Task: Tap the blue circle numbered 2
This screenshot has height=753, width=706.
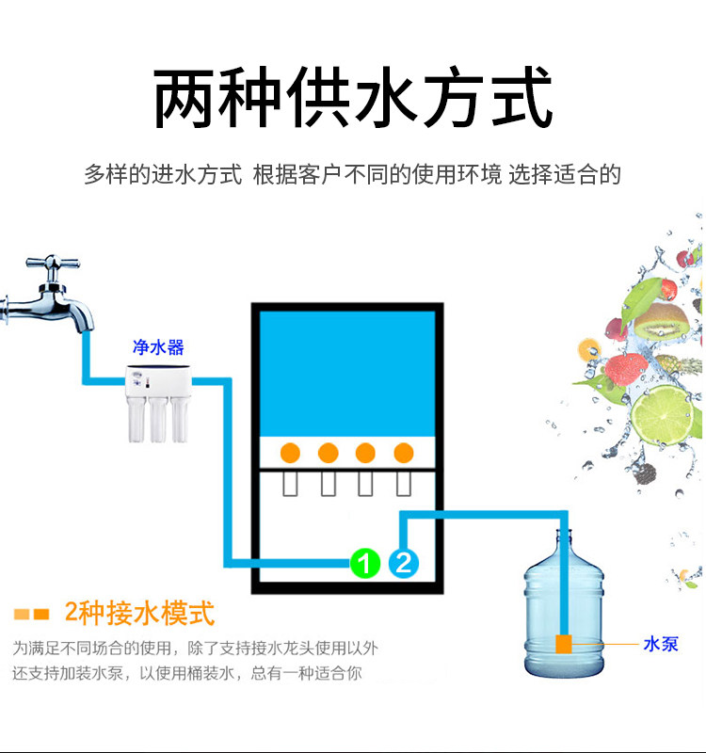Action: (x=403, y=563)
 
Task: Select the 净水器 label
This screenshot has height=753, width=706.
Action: (x=157, y=348)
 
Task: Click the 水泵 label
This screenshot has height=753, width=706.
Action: (x=661, y=644)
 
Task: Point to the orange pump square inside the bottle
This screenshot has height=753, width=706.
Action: (x=565, y=644)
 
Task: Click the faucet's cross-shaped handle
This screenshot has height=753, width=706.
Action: (x=47, y=266)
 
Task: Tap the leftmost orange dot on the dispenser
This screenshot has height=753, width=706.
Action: (x=291, y=452)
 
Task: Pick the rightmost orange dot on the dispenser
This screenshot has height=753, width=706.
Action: (x=403, y=452)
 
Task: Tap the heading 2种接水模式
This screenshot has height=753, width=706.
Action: (x=139, y=614)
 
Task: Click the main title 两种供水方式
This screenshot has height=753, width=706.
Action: (x=352, y=98)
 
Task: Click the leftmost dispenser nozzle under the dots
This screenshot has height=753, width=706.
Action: (x=291, y=484)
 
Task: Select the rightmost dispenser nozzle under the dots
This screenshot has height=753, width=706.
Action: (x=404, y=484)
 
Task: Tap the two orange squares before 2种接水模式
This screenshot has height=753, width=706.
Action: (x=31, y=615)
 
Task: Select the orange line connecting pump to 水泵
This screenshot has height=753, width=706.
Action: (x=602, y=644)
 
